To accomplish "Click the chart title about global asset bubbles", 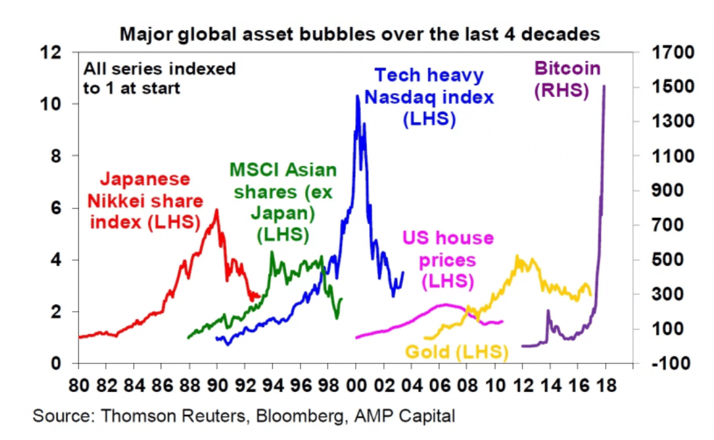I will [x=360, y=34].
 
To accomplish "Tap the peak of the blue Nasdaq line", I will [x=358, y=97].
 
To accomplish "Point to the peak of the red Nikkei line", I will [x=217, y=210].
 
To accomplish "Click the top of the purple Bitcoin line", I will [x=604, y=86].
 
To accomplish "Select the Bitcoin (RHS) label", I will [x=566, y=79].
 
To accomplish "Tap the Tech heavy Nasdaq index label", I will [x=429, y=97].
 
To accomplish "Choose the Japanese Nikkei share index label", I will [x=145, y=201].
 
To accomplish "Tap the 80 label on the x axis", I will [x=78, y=385].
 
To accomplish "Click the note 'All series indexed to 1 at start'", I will [x=159, y=78].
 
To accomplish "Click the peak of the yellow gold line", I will [x=518, y=257].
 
